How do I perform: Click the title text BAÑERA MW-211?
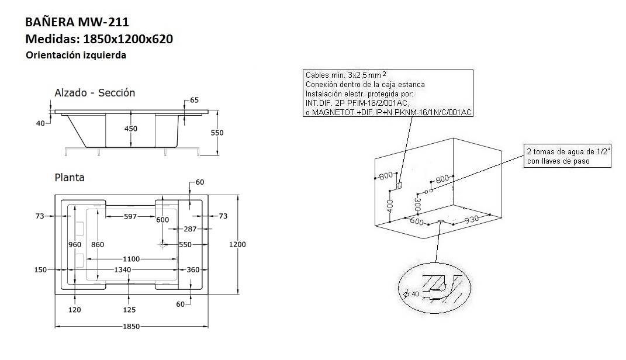tap(77, 22)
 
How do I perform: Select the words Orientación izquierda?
tap(76, 56)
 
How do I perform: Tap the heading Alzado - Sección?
tap(95, 93)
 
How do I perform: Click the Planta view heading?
tap(69, 178)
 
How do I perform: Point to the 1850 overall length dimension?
tap(131, 326)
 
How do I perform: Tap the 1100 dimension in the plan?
tap(130, 258)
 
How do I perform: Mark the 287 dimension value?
tap(191, 229)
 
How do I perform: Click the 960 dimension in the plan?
tap(75, 244)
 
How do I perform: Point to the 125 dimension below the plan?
tap(130, 310)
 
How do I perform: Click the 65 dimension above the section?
tap(194, 101)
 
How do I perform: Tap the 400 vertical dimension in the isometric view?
tap(390, 205)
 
